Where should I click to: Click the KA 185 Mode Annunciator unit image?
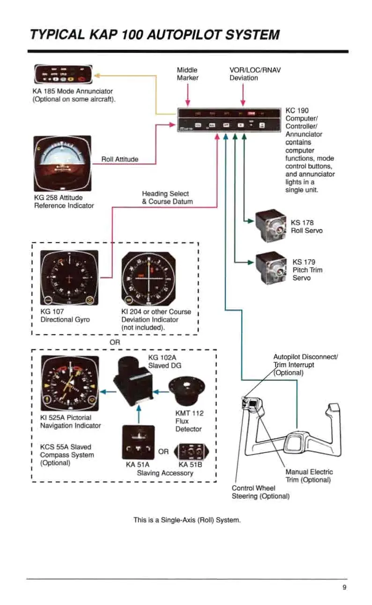coord(63,75)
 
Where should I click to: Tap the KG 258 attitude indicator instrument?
coord(62,164)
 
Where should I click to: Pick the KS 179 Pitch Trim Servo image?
coord(271,266)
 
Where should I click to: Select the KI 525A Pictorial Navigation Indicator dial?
coord(70,384)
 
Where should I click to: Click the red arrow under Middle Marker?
coord(187,96)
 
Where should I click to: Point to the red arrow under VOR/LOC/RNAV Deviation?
coord(243,96)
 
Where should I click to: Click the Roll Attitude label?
coord(120,159)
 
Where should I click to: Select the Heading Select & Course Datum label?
coord(167,197)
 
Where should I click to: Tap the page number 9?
coord(344,588)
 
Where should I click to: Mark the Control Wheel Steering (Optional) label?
coord(260,492)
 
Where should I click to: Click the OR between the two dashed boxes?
coord(115,342)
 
